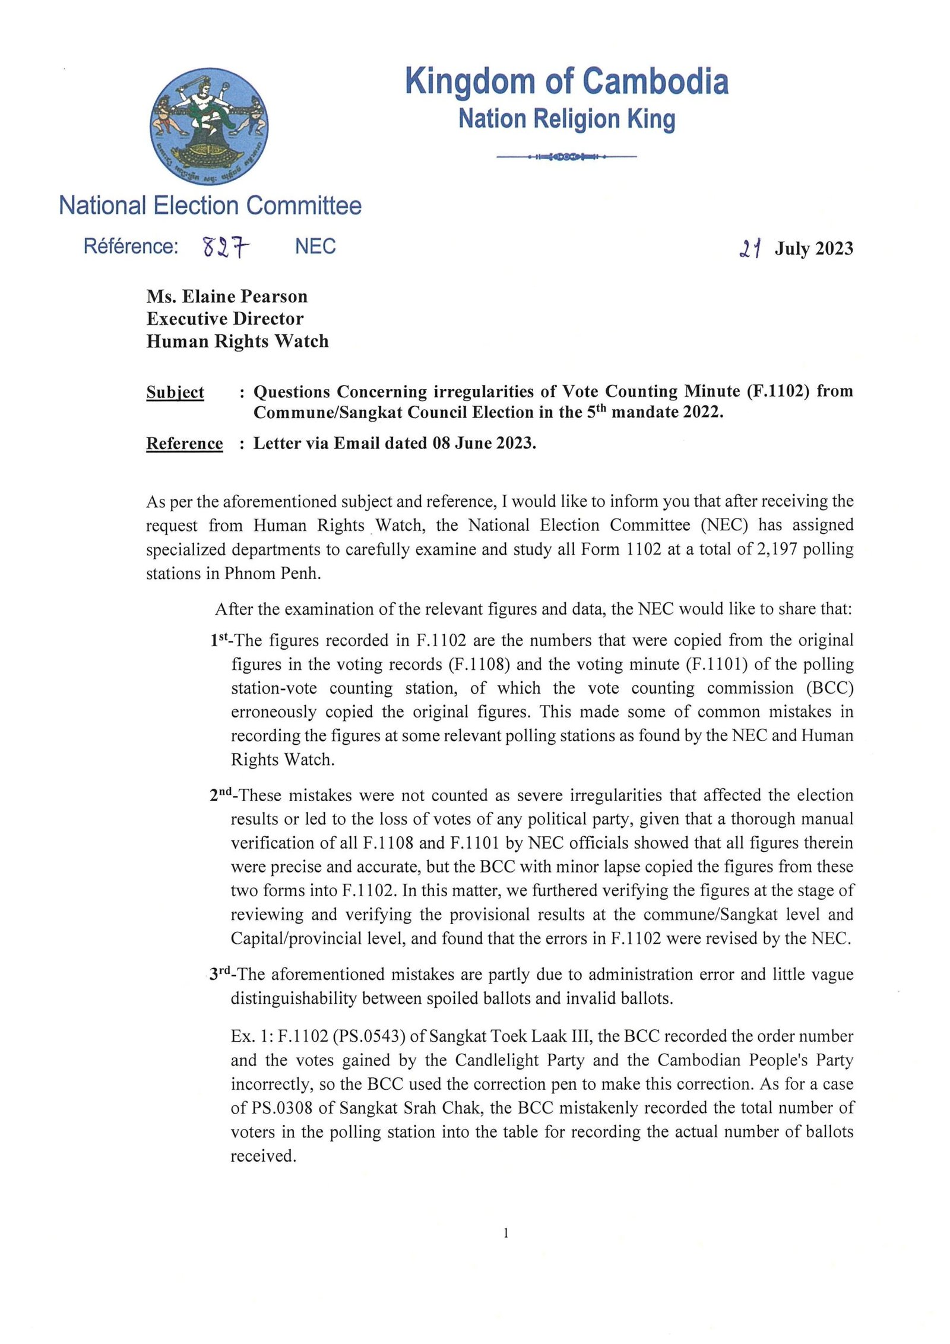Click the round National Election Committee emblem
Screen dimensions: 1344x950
[209, 126]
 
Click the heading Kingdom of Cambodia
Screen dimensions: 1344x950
[566, 81]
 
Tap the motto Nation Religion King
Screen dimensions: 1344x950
[566, 119]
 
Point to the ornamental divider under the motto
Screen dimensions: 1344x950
[566, 157]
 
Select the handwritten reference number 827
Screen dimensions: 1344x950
[226, 246]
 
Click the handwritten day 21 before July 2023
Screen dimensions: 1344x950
[750, 248]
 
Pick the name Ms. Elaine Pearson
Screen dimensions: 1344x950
[227, 296]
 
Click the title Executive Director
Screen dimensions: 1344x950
[225, 319]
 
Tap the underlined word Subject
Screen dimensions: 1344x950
[175, 392]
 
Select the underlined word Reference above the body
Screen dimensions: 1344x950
[185, 443]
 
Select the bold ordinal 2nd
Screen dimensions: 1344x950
[222, 795]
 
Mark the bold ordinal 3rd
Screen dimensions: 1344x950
[221, 974]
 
